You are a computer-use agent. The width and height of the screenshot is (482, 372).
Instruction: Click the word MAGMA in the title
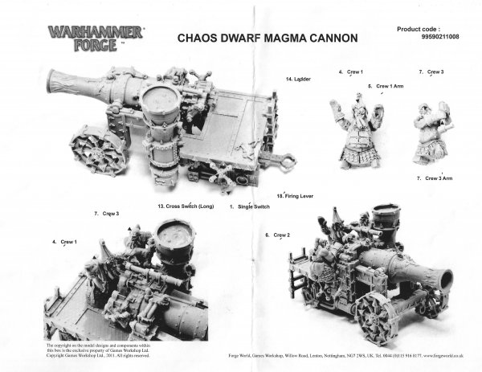point(272,39)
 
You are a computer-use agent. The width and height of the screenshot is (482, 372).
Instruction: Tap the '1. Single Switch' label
point(249,206)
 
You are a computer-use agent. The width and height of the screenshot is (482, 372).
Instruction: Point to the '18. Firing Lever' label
point(294,196)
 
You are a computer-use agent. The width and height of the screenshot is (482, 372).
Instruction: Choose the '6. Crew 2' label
point(277,235)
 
